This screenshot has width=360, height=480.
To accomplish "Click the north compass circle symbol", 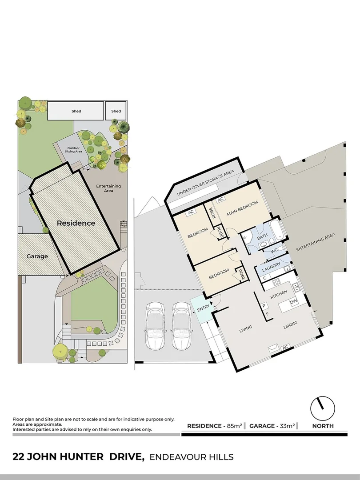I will pos(322,407).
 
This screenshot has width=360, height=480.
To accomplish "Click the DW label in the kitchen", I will pos(293,302).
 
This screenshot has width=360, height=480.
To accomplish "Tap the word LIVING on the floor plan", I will pos(245,328).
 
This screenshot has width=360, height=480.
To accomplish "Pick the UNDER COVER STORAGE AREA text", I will pos(205,183).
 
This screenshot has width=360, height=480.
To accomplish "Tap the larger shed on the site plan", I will pos(76,111).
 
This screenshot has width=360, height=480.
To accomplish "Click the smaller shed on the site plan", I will pos(116,111).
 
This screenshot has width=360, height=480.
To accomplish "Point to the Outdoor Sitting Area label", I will pos(74,150).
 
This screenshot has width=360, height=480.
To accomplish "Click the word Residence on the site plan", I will pos(76,223).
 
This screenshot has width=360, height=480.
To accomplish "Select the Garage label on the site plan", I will pos(37,256).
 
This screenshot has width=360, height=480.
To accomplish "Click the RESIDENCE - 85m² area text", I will pos(214,426).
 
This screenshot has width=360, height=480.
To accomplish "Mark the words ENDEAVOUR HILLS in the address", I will pos(192,457).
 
